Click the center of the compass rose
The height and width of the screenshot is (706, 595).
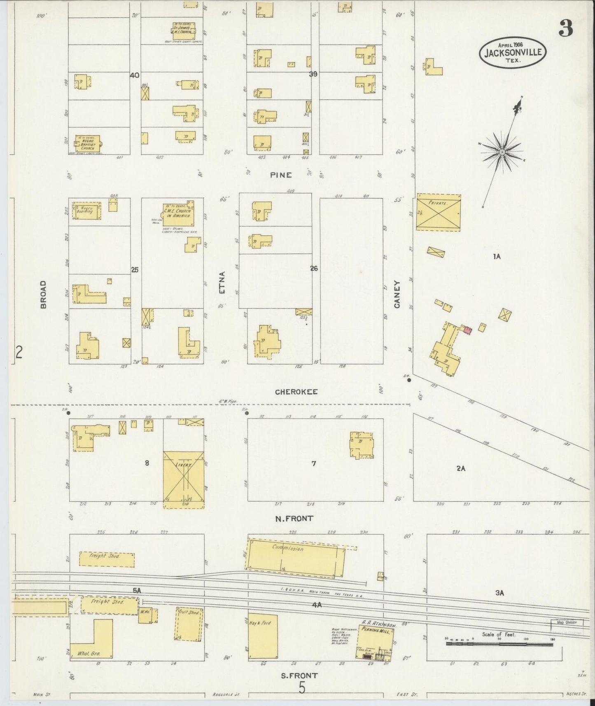502,152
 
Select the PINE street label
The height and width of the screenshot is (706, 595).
281,175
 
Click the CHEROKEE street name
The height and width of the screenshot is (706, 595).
296,392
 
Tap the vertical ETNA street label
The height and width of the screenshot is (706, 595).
222,283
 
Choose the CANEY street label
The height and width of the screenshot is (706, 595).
397,294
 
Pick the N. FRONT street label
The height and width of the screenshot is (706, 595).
294,519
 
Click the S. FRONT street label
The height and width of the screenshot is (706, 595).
299,676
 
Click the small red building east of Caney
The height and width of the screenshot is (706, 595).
467,330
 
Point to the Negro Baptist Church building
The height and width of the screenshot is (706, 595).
88,142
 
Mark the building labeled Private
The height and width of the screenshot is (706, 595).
439,212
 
